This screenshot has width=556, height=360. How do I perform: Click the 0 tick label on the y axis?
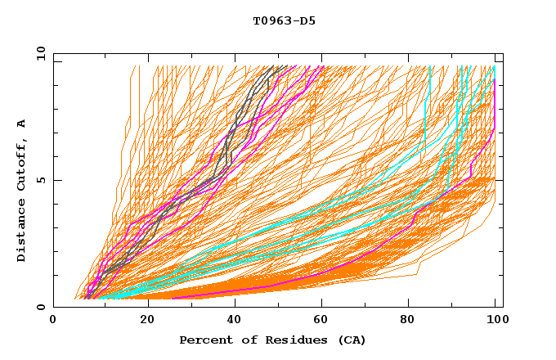click(40, 307)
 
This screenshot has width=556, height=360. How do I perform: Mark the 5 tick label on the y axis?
click(40, 180)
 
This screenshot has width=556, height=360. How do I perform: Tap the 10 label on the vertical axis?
click(38, 53)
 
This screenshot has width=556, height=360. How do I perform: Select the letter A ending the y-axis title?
click(22, 124)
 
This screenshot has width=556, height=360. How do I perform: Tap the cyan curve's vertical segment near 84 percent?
click(426, 106)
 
